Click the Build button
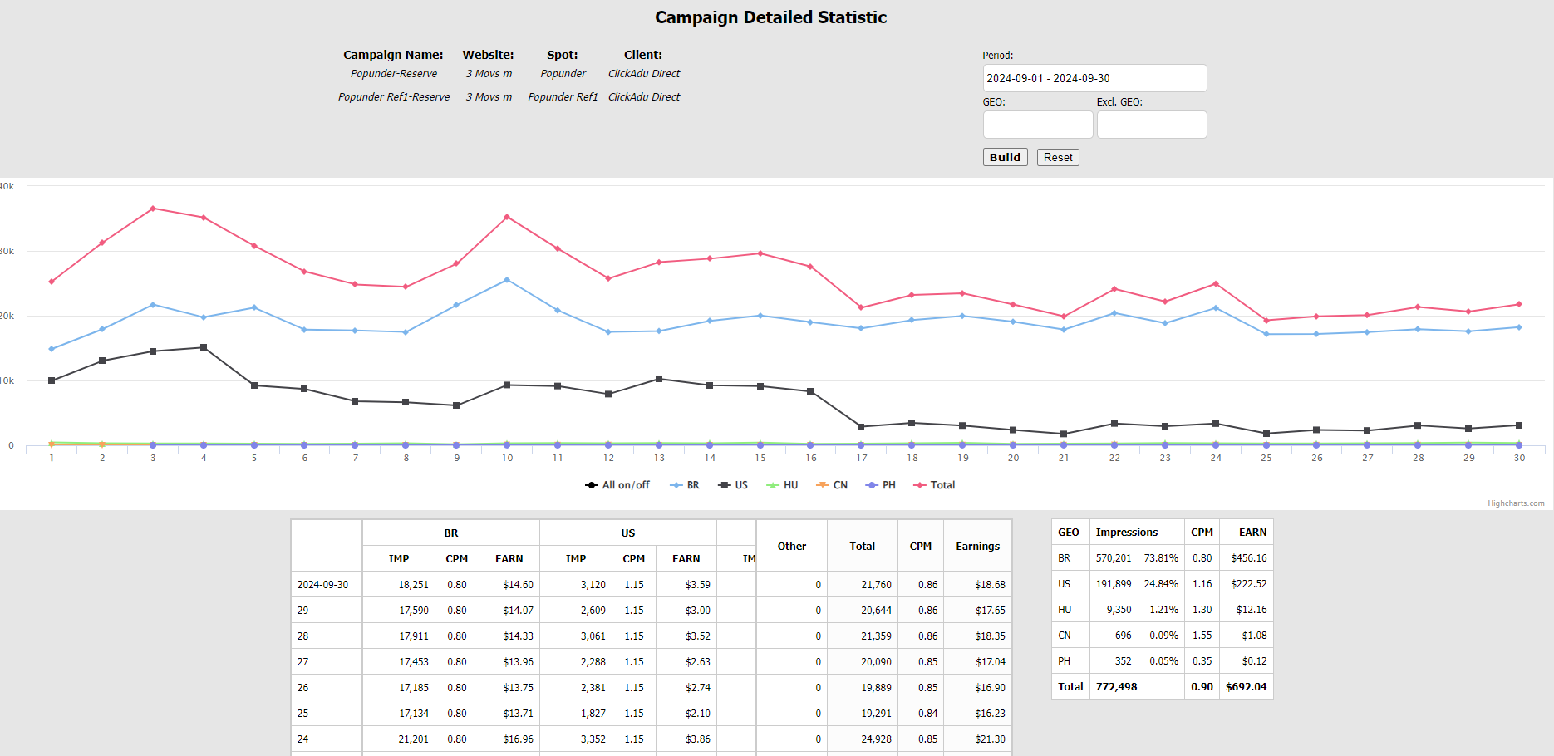pyautogui.click(x=1005, y=157)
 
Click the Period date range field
pyautogui.click(x=1094, y=78)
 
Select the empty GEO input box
pyautogui.click(x=1037, y=125)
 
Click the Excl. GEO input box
pyautogui.click(x=1151, y=125)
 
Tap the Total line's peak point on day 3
pyautogui.click(x=153, y=209)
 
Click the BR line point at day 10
pyautogui.click(x=507, y=280)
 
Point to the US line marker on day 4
pyautogui.click(x=204, y=347)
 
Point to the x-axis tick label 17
pyautogui.click(x=862, y=458)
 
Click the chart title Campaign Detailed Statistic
pyautogui.click(x=770, y=17)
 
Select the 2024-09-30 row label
pyautogui.click(x=323, y=585)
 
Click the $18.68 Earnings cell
pyautogui.click(x=990, y=585)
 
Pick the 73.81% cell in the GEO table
pyautogui.click(x=1161, y=558)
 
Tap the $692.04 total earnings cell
pyautogui.click(x=1246, y=687)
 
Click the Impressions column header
pyautogui.click(x=1126, y=533)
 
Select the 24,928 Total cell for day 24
pyautogui.click(x=876, y=739)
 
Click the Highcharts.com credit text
pyautogui.click(x=1516, y=503)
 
